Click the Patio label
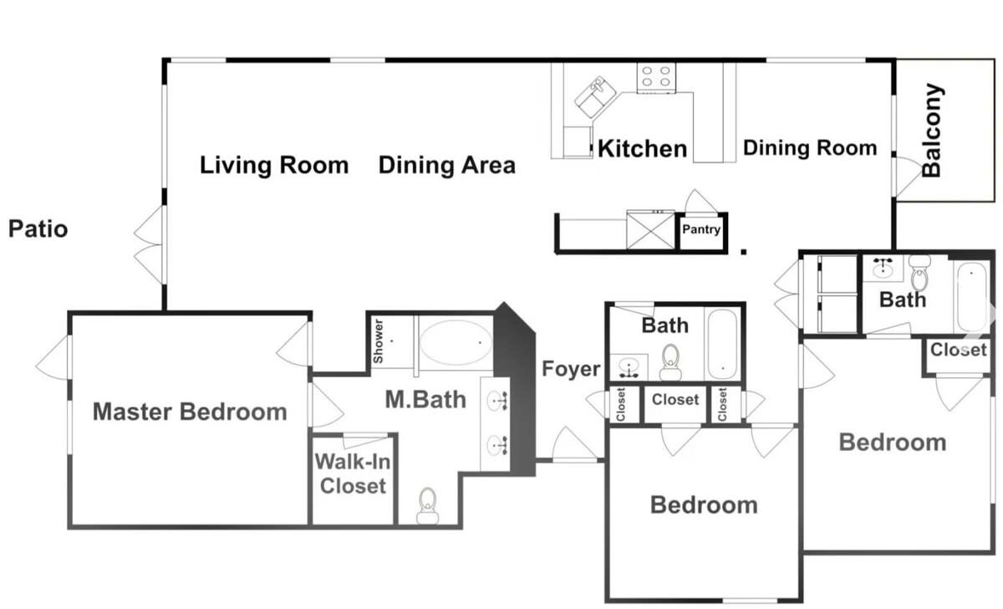point(38,228)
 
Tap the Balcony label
point(932,130)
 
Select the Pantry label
point(701,229)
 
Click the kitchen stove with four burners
point(656,78)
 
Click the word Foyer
point(571,369)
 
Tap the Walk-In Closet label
point(353,473)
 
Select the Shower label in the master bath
point(379,341)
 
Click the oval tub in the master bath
point(456,342)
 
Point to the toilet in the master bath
point(428,506)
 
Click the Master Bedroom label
point(190,412)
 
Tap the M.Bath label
point(425,399)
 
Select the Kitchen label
point(643,149)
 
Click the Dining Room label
point(810,148)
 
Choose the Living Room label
point(274,166)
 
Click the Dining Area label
point(447,166)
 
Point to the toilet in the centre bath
point(670,362)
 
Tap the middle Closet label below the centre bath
point(675,399)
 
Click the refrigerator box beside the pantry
point(650,229)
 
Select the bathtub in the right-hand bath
point(972,297)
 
